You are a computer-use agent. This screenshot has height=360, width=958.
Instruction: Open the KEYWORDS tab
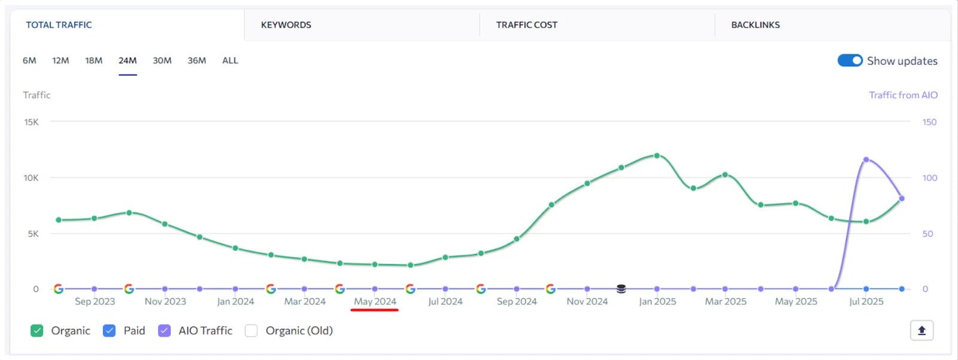click(x=286, y=25)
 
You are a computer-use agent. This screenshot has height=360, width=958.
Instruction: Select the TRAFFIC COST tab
click(x=526, y=25)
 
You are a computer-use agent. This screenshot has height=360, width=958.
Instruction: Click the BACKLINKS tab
click(x=755, y=25)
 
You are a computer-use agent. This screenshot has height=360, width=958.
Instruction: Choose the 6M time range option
click(x=29, y=60)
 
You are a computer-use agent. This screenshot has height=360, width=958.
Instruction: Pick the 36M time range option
click(x=196, y=60)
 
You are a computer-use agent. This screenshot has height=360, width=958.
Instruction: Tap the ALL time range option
click(x=230, y=60)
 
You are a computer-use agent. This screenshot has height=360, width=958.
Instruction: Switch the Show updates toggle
click(x=850, y=60)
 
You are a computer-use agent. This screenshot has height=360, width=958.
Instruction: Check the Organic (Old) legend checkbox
click(x=251, y=331)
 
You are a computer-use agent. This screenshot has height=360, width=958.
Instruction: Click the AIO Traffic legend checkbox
click(x=164, y=331)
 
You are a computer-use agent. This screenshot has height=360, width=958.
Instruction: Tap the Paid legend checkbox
click(x=109, y=331)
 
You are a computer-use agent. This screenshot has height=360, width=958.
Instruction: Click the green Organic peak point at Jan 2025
click(x=657, y=156)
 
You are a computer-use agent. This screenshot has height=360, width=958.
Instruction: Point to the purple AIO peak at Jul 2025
click(x=866, y=160)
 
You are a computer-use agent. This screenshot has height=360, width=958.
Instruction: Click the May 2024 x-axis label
click(x=375, y=301)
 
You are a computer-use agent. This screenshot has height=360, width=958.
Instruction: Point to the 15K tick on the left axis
click(x=31, y=122)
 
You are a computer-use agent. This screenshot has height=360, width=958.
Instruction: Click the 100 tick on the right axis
click(x=929, y=178)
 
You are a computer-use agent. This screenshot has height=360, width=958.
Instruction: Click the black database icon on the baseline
click(x=621, y=289)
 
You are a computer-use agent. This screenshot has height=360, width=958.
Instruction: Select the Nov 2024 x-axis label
click(x=587, y=301)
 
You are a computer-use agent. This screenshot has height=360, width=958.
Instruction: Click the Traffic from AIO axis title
click(x=903, y=95)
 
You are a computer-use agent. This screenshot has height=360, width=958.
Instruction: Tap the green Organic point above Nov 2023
click(x=165, y=224)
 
